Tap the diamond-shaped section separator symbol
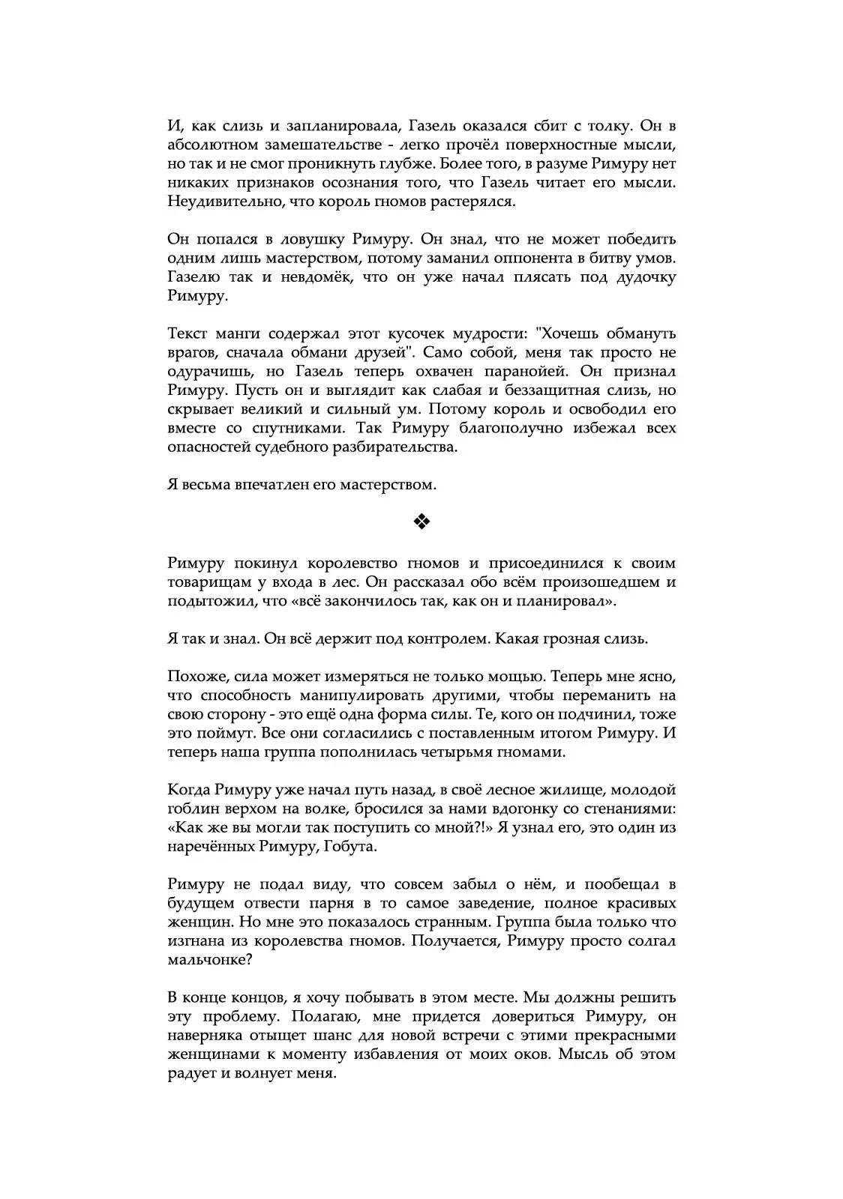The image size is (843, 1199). coord(421,522)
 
